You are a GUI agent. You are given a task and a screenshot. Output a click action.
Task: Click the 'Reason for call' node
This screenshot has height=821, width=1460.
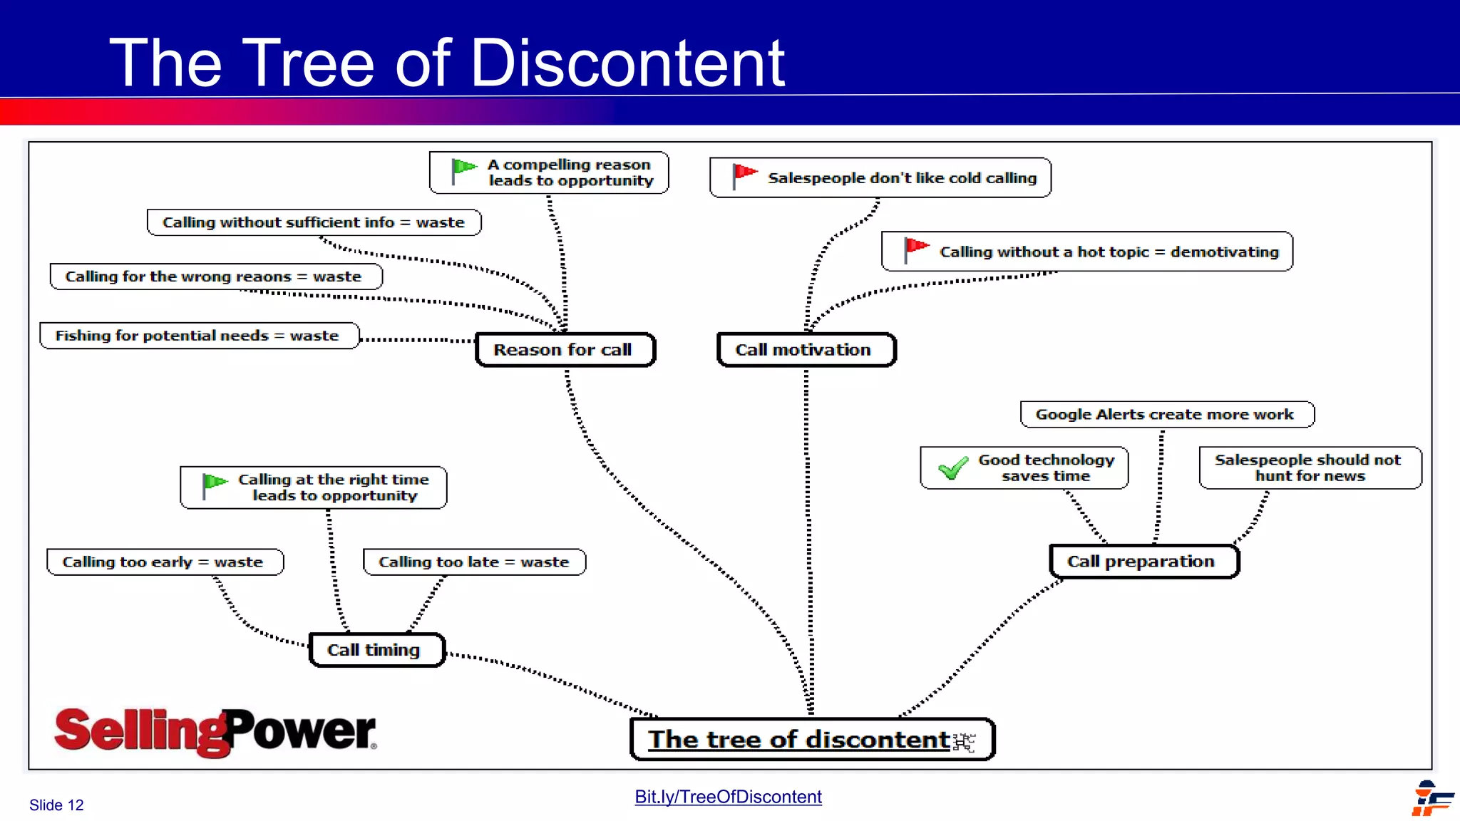(564, 350)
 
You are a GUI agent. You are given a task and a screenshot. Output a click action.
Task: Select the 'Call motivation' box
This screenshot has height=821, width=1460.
(805, 350)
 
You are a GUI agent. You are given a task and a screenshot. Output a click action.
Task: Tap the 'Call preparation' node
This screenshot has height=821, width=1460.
(1143, 562)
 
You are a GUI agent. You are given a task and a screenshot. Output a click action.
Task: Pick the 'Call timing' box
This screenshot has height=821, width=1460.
(376, 650)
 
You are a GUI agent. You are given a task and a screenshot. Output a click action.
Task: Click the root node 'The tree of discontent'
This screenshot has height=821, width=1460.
(811, 740)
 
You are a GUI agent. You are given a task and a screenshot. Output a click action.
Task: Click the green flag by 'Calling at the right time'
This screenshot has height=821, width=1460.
(213, 485)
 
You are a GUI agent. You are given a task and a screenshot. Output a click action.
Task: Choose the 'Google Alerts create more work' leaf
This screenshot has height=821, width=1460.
(1166, 415)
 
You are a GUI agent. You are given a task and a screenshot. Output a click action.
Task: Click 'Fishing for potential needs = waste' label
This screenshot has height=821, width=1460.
(198, 336)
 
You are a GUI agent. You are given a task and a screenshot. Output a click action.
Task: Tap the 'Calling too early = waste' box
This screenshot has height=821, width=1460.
(164, 562)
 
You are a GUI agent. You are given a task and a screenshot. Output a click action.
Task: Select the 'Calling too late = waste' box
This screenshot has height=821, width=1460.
(474, 562)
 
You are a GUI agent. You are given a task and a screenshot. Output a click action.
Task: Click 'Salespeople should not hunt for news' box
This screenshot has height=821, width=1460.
(1309, 468)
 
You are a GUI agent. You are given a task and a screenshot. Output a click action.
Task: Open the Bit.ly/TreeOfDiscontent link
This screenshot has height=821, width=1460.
(728, 797)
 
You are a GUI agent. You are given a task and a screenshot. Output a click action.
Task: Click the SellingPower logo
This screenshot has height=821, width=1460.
(215, 732)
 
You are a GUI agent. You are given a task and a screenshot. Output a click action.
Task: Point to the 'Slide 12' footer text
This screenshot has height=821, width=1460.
(56, 805)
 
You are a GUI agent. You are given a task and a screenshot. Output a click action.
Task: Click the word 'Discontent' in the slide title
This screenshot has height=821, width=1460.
(627, 63)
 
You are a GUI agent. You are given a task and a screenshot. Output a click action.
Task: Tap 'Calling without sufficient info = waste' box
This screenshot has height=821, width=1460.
(314, 222)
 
